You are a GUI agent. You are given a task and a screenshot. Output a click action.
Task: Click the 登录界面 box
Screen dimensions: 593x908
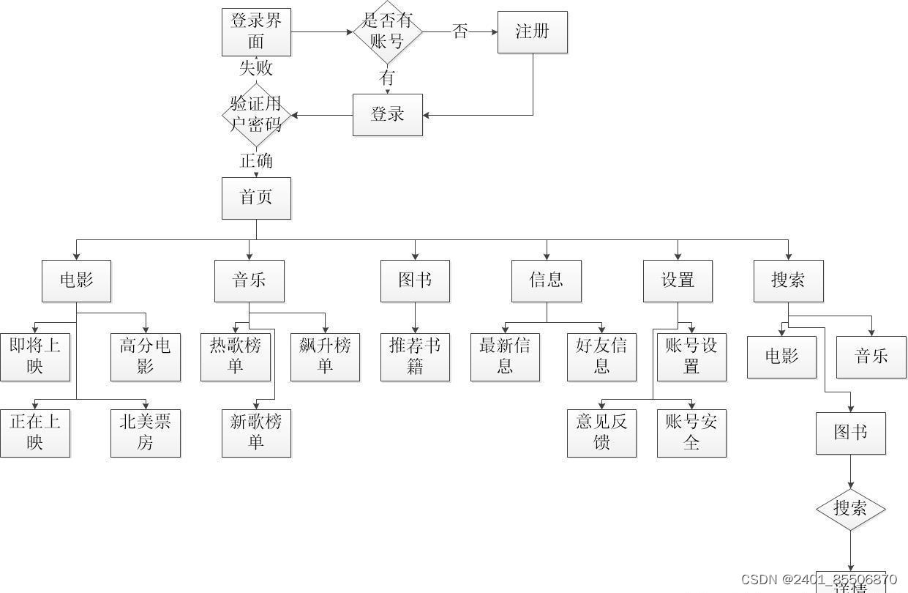[256, 31]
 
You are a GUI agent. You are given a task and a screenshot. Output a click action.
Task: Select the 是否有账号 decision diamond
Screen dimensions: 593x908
[387, 31]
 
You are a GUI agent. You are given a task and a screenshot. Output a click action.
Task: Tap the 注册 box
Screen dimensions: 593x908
[532, 31]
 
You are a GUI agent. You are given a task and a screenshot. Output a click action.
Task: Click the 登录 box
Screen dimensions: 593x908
[387, 114]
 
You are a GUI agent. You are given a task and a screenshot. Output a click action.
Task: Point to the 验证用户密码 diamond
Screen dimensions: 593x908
[256, 114]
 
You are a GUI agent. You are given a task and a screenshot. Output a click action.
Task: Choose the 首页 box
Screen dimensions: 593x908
[256, 198]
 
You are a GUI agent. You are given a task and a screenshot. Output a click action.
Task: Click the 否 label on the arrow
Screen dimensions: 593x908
[460, 31]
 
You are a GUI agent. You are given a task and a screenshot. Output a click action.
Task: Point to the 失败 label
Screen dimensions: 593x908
[256, 68]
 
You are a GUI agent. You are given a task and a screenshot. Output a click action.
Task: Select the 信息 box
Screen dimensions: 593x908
[546, 280]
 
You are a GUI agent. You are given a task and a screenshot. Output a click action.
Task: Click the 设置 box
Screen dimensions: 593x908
[678, 280]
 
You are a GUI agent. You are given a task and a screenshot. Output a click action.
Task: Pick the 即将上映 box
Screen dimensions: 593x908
[35, 357]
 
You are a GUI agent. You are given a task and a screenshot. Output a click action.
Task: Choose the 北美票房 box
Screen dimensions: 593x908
[145, 433]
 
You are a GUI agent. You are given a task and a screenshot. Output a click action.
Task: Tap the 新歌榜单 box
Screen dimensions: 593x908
[256, 433]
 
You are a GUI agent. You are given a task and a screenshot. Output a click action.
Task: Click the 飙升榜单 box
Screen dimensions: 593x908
[325, 357]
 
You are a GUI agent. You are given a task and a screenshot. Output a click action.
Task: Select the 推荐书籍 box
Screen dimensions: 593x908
[415, 357]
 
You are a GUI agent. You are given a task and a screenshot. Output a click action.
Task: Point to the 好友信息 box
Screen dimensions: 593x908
[601, 357]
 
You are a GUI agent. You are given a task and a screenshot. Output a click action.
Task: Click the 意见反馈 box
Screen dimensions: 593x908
[601, 433]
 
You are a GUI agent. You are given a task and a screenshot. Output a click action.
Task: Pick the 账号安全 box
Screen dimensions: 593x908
[691, 433]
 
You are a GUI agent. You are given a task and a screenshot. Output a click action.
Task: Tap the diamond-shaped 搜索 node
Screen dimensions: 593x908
[850, 508]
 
